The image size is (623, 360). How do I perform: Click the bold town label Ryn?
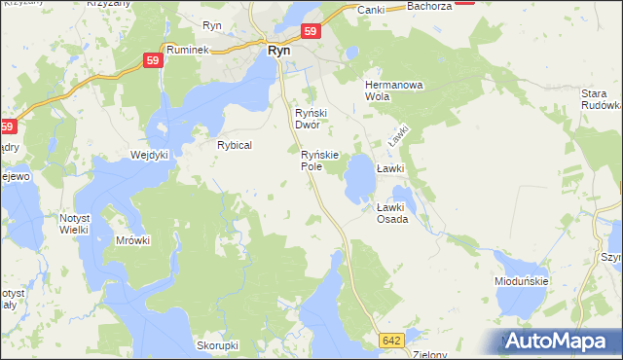coord(277,51)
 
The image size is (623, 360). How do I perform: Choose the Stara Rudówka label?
coord(600,99)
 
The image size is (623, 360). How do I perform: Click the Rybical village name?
coord(235,145)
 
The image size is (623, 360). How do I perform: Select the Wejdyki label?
coord(150,155)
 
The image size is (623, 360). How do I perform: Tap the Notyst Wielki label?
coord(74,223)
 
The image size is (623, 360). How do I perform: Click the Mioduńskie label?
coord(521,281)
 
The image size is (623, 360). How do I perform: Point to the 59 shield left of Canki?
coord(310,32)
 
